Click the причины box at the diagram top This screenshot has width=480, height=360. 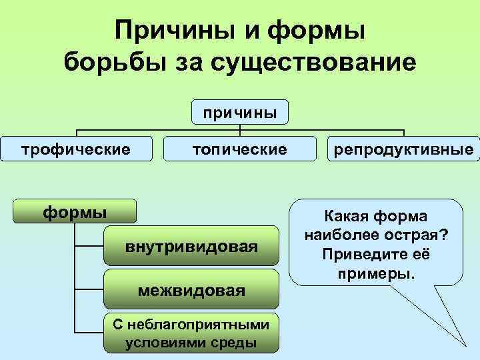point(240,113)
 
